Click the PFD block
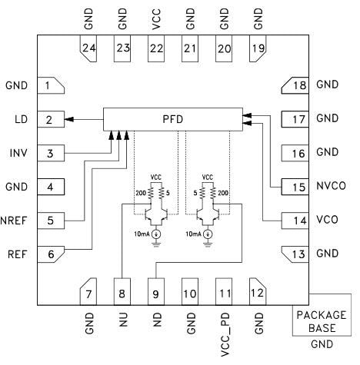[x=173, y=119]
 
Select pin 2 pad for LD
[x=48, y=119]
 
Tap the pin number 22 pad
[x=156, y=48]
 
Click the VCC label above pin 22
[x=156, y=18]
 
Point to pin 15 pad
[x=296, y=186]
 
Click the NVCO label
[x=332, y=186]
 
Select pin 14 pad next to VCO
[x=296, y=220]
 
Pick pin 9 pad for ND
[x=156, y=292]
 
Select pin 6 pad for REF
[x=48, y=254]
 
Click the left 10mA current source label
[x=142, y=233]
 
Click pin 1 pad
[x=48, y=85]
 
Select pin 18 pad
[x=296, y=85]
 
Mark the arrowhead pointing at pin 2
[x=69, y=119]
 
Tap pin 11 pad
[x=224, y=292]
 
